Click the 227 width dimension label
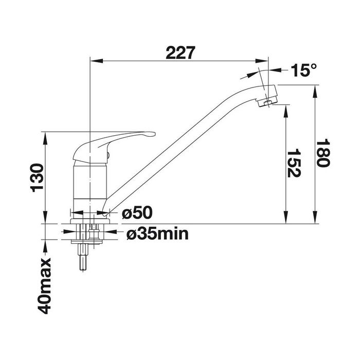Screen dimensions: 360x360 click(180, 52)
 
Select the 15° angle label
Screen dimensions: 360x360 click(304, 70)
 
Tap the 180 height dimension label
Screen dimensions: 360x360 click(323, 153)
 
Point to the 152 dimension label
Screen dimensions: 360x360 click(294, 163)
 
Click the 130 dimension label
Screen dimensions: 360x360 click(37, 178)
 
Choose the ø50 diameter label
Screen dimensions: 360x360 click(137, 212)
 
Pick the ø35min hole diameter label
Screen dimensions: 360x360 click(157, 234)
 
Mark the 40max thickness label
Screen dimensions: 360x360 click(45, 286)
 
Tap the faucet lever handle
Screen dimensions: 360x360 click(114, 147)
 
